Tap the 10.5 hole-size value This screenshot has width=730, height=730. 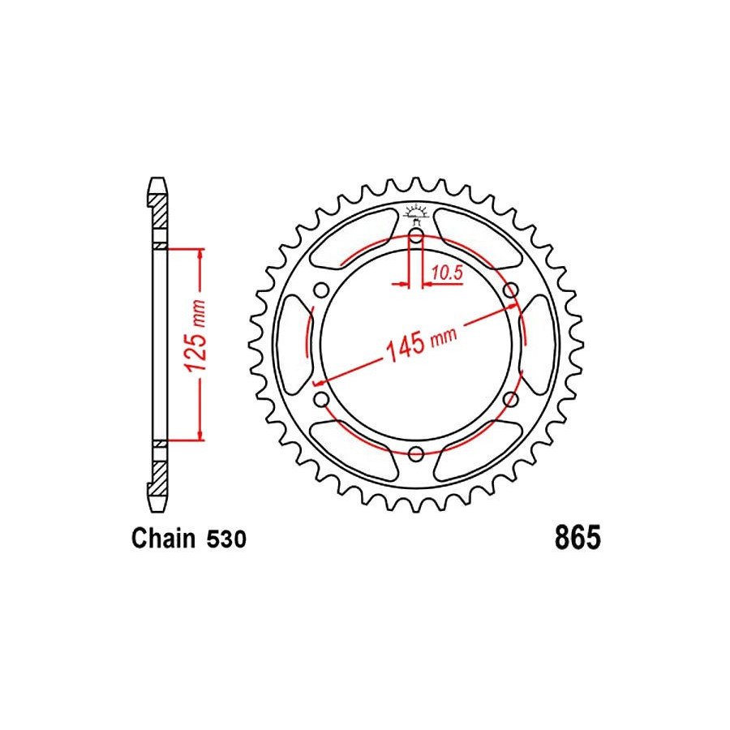pyautogui.click(x=446, y=273)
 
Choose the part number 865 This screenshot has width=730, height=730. pyautogui.click(x=577, y=539)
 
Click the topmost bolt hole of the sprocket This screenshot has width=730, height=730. pyautogui.click(x=415, y=237)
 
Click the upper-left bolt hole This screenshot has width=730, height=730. pyautogui.click(x=321, y=290)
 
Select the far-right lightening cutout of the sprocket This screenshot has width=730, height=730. pyautogui.click(x=539, y=344)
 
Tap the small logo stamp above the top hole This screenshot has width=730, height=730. pyautogui.click(x=415, y=211)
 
